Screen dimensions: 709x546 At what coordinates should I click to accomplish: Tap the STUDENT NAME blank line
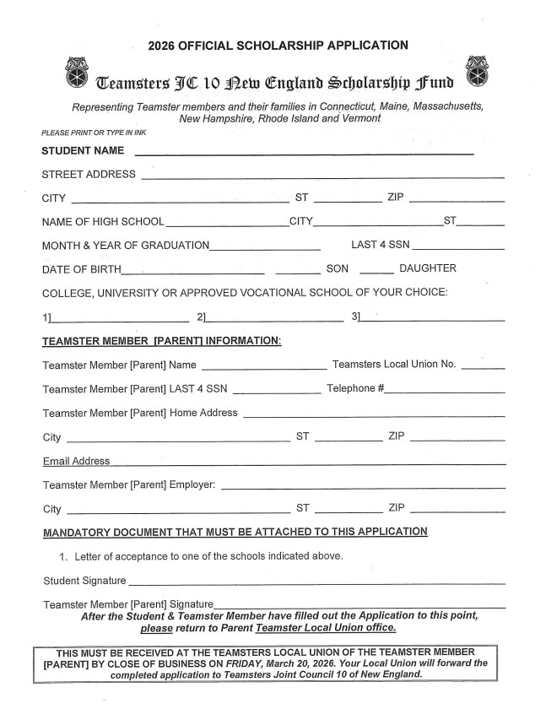(x=304, y=153)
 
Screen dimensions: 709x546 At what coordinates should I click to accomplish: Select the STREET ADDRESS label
(x=89, y=175)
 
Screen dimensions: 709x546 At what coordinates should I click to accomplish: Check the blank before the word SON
(x=297, y=271)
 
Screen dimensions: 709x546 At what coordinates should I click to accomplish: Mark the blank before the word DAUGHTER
(x=376, y=271)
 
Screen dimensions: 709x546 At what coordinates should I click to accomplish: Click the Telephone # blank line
(x=446, y=392)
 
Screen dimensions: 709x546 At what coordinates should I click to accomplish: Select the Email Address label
(x=76, y=462)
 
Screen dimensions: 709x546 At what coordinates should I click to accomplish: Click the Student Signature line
(x=316, y=582)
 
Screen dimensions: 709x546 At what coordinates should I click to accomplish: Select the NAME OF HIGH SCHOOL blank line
(x=227, y=224)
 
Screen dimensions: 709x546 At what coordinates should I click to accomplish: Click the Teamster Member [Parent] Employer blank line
(x=363, y=487)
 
